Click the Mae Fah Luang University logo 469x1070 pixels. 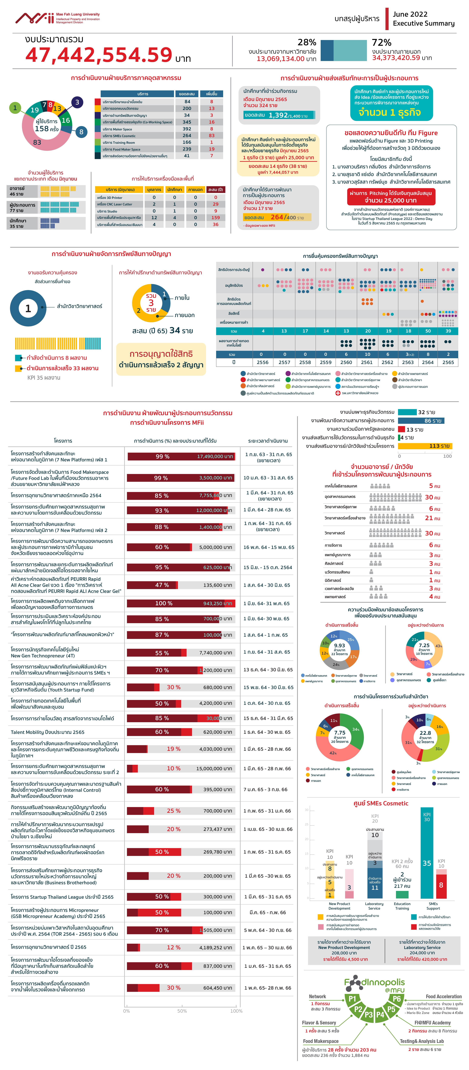pos(57,18)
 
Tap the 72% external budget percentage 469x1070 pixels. pos(381,42)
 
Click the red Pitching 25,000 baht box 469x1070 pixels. pos(390,196)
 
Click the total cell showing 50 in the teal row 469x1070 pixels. pos(427,331)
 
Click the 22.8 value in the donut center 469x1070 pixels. pos(425,733)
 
